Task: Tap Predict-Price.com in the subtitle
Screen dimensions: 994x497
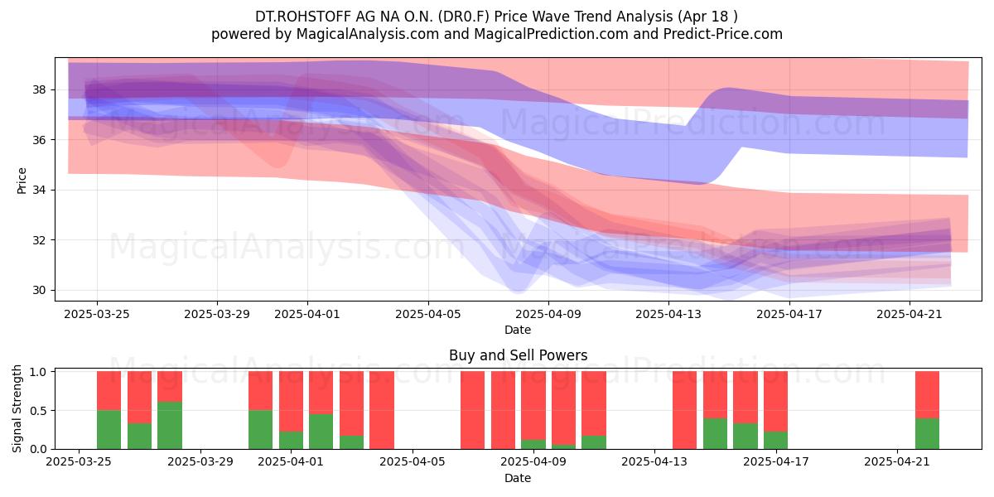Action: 723,34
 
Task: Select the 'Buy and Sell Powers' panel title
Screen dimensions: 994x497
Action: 518,355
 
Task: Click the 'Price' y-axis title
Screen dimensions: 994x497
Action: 22,181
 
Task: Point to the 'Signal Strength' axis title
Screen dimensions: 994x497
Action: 17,408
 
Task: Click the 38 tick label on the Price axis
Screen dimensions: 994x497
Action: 39,90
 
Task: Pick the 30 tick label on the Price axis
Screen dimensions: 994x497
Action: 39,290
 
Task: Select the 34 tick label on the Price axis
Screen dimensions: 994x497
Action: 39,191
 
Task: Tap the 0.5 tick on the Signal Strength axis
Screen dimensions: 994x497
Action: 38,411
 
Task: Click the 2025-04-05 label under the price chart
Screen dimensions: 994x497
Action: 428,314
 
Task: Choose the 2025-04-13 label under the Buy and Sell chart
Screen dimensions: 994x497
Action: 654,462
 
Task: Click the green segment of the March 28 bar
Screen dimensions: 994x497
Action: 170,425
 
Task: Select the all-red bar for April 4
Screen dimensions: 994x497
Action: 382,410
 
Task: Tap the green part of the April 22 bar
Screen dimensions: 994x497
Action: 928,433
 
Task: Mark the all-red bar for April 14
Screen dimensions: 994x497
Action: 685,410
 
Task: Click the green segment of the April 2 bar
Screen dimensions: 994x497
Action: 321,432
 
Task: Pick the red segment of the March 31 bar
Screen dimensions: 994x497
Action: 260,390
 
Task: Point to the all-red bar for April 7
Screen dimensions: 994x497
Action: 473,410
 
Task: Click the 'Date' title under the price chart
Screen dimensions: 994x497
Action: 518,330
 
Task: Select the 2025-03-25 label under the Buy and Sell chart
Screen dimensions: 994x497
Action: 79,462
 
